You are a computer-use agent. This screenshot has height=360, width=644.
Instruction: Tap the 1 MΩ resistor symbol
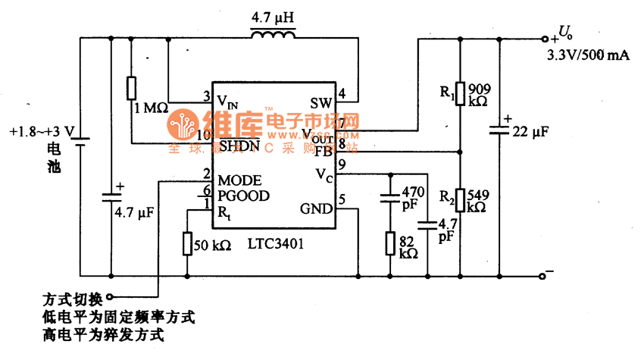coord(132,87)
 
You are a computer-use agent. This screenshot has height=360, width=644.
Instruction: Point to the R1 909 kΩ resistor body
coord(460,93)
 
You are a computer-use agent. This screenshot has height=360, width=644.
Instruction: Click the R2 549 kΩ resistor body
coord(460,201)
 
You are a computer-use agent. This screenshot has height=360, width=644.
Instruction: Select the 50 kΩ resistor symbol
coord(186,244)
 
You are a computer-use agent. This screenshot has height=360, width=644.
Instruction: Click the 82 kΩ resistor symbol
coord(389,243)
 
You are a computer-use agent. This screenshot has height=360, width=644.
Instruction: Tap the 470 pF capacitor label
coord(412,198)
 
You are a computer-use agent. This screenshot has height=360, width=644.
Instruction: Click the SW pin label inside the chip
coord(320,102)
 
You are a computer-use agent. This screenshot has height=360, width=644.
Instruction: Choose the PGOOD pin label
coord(243,195)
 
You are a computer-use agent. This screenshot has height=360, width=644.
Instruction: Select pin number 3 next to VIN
coord(205,95)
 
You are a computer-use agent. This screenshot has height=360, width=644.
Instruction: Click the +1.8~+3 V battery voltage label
coord(42,131)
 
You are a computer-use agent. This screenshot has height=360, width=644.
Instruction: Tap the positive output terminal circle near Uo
coord(543,37)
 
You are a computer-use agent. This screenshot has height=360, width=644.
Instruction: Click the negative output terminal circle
coord(542,275)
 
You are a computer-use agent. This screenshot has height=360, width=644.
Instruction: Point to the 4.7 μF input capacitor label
coord(134,214)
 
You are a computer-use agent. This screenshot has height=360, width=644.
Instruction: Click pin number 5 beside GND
coord(342,200)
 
